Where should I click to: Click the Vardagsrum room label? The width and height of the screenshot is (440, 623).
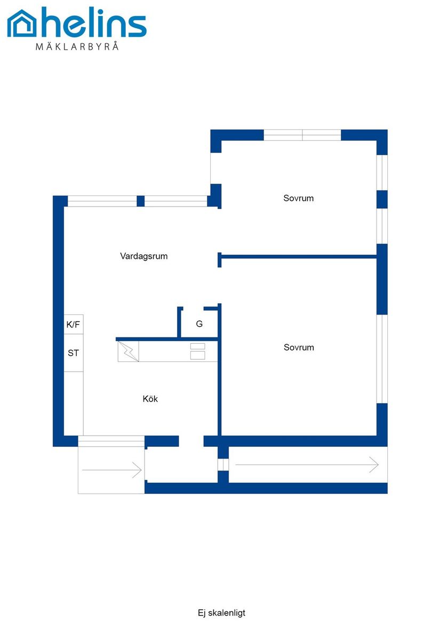pyautogui.click(x=144, y=256)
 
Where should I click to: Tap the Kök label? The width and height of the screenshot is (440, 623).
pyautogui.click(x=150, y=398)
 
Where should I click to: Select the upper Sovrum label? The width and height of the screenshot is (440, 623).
pyautogui.click(x=298, y=198)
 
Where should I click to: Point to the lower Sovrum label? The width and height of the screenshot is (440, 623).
pyautogui.click(x=299, y=347)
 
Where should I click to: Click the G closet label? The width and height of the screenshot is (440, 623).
pyautogui.click(x=199, y=324)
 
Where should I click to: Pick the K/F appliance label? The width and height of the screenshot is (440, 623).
pyautogui.click(x=73, y=325)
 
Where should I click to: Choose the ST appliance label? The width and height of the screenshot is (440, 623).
pyautogui.click(x=73, y=353)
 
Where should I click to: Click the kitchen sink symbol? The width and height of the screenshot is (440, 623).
pyautogui.click(x=129, y=352)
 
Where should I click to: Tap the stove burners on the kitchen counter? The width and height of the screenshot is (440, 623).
pyautogui.click(x=198, y=351)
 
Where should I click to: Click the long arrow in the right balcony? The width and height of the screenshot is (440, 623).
pyautogui.click(x=307, y=464)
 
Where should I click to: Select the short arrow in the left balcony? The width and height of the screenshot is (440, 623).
pyautogui.click(x=111, y=470)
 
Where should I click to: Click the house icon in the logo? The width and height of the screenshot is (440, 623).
pyautogui.click(x=22, y=23)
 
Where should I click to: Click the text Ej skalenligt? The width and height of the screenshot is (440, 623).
pyautogui.click(x=221, y=613)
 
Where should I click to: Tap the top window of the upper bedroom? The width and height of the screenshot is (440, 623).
pyautogui.click(x=302, y=135)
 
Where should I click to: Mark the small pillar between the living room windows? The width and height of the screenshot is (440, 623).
pyautogui.click(x=141, y=201)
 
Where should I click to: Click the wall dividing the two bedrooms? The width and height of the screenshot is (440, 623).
pyautogui.click(x=298, y=257)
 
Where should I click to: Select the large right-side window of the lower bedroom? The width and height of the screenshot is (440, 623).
pyautogui.click(x=382, y=359)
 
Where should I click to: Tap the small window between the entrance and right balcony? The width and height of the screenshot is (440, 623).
pyautogui.click(x=223, y=464)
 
